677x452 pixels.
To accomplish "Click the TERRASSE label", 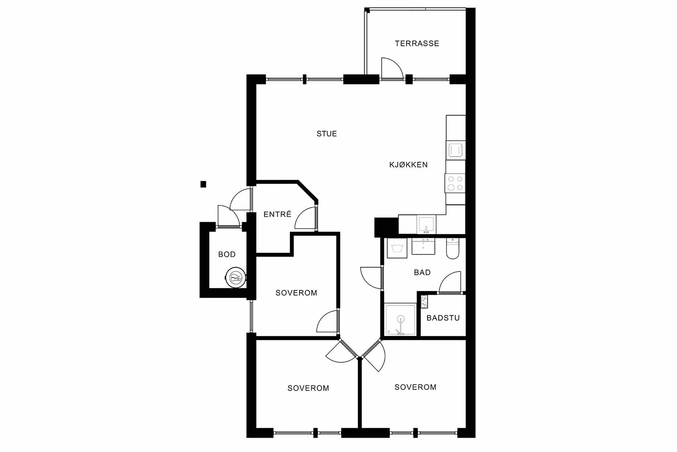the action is click(417, 43).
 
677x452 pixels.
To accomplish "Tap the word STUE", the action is click(327, 134).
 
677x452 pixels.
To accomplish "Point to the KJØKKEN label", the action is click(408, 165).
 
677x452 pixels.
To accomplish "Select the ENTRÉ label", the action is click(277, 214).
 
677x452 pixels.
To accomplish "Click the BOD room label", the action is click(227, 254).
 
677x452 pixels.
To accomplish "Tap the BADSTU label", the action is click(443, 318).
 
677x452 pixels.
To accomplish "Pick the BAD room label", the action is click(422, 273).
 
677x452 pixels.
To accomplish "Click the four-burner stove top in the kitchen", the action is click(455, 183).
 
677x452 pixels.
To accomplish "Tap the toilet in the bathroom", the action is click(453, 248).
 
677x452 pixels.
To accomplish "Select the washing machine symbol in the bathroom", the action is click(397, 248).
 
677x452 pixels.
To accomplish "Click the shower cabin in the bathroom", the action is click(401, 320).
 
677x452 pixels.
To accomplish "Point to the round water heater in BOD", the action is click(236, 277).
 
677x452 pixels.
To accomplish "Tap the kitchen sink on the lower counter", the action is click(426, 225).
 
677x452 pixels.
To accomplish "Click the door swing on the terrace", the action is click(392, 69).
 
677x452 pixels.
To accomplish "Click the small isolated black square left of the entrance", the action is click(203, 184).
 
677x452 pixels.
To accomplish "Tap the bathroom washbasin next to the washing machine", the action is click(423, 246).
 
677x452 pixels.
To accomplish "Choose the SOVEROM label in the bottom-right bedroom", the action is click(415, 387).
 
